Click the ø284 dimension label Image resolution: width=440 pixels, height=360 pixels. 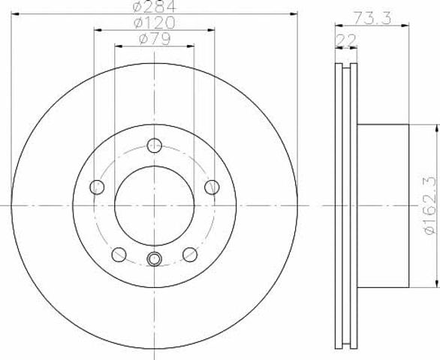click(x=155, y=6)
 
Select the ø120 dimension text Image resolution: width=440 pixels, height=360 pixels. click(x=155, y=22)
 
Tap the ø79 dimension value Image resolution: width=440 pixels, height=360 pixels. click(x=155, y=39)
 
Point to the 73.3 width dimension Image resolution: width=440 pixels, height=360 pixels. click(x=372, y=18)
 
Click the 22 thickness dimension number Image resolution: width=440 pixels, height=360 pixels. click(x=346, y=40)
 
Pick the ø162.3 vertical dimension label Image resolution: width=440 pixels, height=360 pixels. click(x=430, y=205)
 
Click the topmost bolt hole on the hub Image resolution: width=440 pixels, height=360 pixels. click(x=155, y=145)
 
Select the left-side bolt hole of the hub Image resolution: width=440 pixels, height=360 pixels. click(x=97, y=187)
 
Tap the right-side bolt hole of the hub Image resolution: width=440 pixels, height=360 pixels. click(x=212, y=187)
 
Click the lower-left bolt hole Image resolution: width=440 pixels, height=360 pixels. click(x=119, y=254)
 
